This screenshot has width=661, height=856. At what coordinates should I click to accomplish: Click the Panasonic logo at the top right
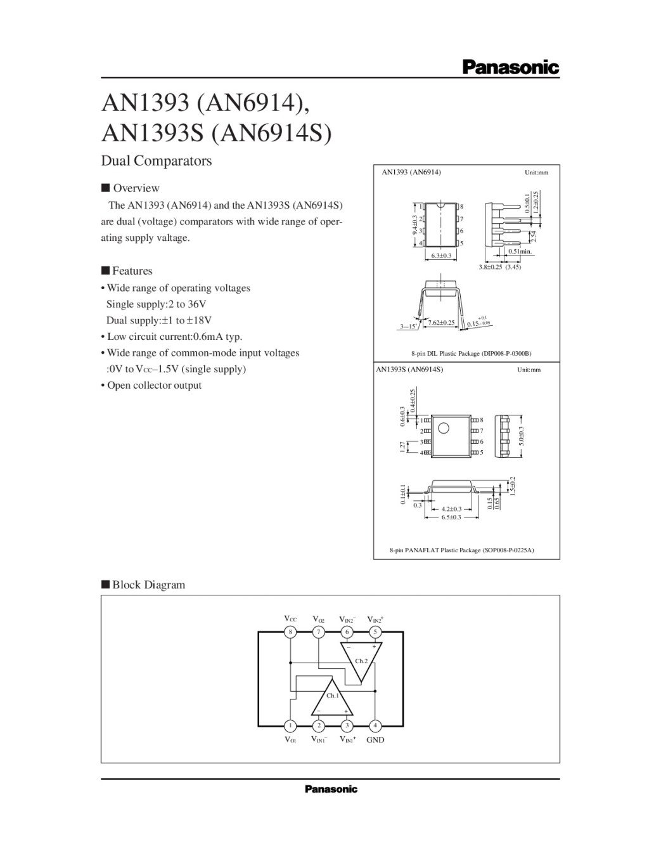click(510, 67)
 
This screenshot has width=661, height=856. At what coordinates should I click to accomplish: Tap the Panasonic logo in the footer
click(331, 789)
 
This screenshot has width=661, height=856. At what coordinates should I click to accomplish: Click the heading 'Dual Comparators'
click(157, 161)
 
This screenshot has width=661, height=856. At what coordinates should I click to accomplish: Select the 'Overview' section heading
click(136, 188)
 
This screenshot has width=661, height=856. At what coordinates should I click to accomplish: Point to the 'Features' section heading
click(132, 271)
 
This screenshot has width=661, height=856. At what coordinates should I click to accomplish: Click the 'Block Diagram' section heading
click(148, 585)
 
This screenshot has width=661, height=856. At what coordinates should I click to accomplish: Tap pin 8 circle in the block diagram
click(290, 632)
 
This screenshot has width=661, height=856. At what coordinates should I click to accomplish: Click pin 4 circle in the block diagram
click(375, 725)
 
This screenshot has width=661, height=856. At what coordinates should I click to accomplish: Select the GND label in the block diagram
click(375, 740)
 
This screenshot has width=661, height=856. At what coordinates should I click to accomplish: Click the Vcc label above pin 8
click(290, 618)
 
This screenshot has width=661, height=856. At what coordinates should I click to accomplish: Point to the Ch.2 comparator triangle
click(361, 659)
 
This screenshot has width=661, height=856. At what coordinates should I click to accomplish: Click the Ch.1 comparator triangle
click(332, 699)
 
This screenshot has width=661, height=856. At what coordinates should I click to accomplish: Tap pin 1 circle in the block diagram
click(290, 725)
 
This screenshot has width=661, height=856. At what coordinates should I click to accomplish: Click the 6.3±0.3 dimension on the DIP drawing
click(440, 256)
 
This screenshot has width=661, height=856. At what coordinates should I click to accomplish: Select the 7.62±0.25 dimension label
click(442, 323)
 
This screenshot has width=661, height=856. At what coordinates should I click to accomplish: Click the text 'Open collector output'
click(154, 386)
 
